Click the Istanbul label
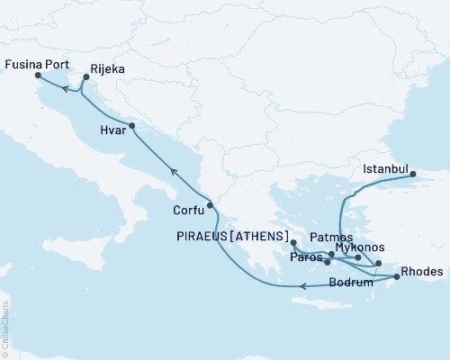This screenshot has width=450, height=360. coord(385,168)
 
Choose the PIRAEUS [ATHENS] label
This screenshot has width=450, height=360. coord(235,237)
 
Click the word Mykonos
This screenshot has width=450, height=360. coord(359,247)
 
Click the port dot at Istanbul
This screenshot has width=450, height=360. coord(415,175)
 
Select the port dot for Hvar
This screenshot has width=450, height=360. coord(131,127)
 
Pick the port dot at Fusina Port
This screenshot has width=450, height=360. coord(39,76)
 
